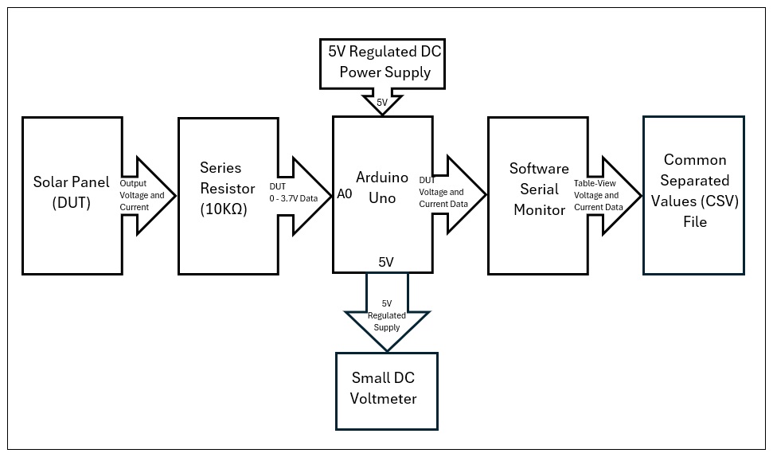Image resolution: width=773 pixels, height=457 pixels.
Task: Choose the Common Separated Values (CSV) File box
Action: tap(693, 195)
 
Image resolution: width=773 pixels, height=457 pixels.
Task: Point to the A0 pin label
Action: tap(344, 193)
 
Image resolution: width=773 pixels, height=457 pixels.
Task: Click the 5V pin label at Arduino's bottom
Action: tap(386, 261)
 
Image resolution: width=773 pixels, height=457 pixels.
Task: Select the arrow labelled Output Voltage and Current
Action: tap(148, 195)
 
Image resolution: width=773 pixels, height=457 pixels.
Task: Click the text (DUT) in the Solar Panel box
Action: tap(72, 204)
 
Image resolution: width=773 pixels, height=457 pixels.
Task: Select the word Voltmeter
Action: tap(383, 398)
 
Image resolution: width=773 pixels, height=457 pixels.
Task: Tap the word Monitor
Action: tap(539, 210)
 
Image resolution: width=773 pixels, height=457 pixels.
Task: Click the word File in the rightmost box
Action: tap(693, 222)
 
